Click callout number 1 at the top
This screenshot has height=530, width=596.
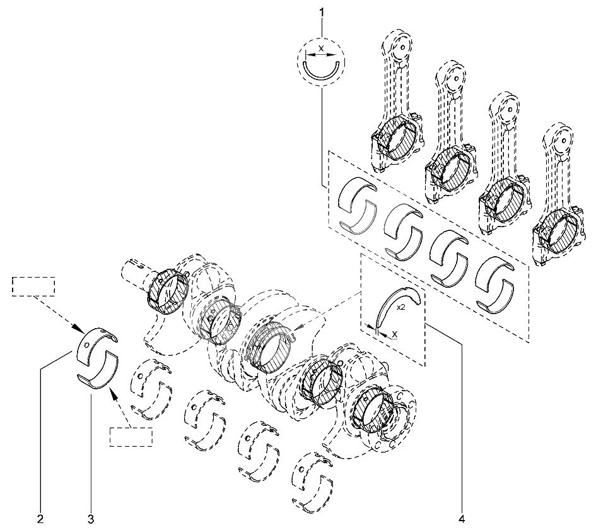pos(322,13)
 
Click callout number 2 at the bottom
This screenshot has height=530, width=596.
pos(40,519)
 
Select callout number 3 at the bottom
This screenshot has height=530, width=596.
pos(91,519)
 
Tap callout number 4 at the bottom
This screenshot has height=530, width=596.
pos(462,519)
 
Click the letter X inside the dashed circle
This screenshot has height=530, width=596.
pos(321,49)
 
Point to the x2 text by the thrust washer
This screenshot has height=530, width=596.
pos(400,307)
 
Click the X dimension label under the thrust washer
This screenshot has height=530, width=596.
pos(395,334)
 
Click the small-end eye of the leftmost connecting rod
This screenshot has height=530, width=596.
pos(402,47)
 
